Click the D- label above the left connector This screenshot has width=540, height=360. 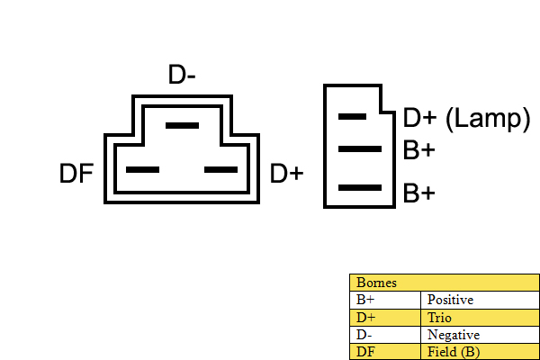click(182, 75)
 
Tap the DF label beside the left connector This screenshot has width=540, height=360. click(76, 174)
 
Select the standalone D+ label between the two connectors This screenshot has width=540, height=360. click(286, 174)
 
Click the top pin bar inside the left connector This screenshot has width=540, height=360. click(182, 125)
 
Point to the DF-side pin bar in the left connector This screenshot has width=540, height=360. click(142, 169)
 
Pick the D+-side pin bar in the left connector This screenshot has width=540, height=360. click(220, 169)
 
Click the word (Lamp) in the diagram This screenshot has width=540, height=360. click(488, 119)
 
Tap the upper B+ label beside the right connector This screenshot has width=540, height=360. click(418, 150)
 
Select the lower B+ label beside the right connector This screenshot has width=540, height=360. click(418, 193)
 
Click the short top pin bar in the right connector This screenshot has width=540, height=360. click(352, 117)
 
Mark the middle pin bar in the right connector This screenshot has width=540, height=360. click(360, 148)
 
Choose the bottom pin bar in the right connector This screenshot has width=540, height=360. click(360, 188)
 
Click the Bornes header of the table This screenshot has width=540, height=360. click(376, 283)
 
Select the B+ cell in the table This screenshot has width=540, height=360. click(365, 300)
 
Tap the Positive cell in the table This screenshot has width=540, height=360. click(450, 300)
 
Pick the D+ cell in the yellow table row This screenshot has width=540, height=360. click(365, 318)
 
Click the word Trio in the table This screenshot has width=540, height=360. click(439, 318)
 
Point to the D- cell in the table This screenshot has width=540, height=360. click(364, 335)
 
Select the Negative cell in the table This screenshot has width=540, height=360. click(454, 335)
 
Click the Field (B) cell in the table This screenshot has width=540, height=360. click(454, 352)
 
